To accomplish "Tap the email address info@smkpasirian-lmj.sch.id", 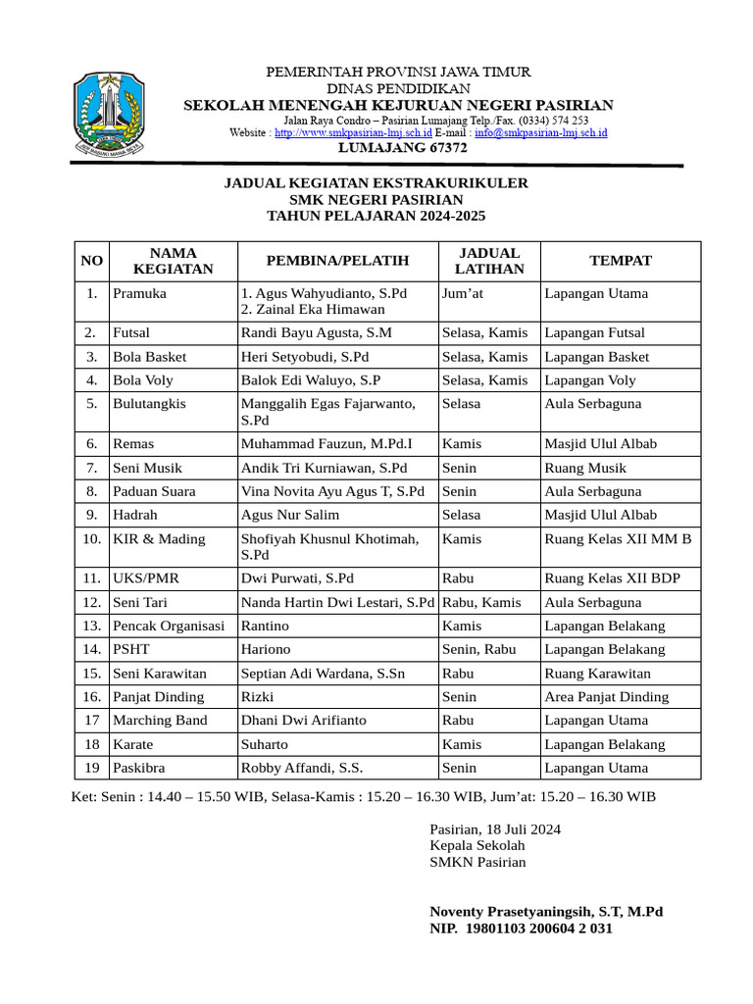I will click(541, 132).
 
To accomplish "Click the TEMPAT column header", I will click(620, 261).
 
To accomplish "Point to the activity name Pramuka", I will click(139, 293).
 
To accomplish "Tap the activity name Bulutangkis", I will click(149, 403).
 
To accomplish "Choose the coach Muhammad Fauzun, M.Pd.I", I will click(330, 444).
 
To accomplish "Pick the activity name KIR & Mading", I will click(159, 538).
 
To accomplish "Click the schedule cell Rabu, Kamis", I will click(481, 602).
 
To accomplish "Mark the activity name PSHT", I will click(130, 649).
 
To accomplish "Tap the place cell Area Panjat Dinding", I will click(606, 697).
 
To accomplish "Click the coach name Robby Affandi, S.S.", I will click(302, 768).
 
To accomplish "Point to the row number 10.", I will click(92, 538).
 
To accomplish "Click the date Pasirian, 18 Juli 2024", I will click(495, 829).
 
